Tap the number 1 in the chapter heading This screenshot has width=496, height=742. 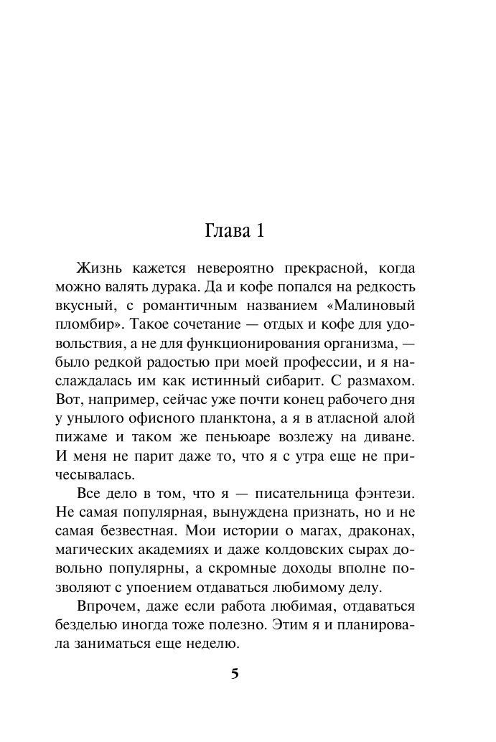pyautogui.click(x=261, y=231)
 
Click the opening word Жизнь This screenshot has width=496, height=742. pyautogui.click(x=98, y=268)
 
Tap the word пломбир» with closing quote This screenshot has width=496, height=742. pyautogui.click(x=87, y=324)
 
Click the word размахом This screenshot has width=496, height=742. pyautogui.click(x=385, y=380)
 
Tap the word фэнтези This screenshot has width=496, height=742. pyautogui.click(x=385, y=492)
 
